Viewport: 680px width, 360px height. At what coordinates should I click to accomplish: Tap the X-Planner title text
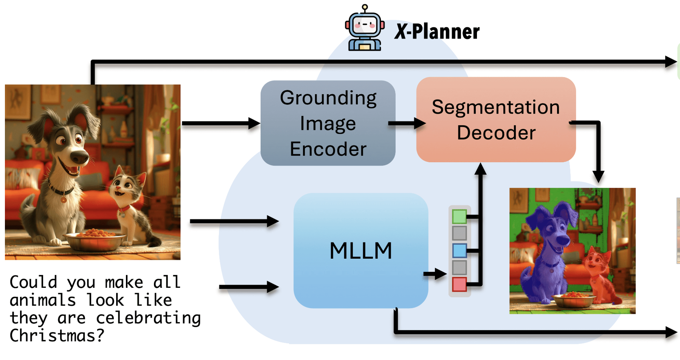coord(437,32)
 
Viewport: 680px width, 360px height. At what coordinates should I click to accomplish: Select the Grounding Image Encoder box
coord(328,123)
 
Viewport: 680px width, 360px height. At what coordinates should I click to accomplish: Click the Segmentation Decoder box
coord(496,119)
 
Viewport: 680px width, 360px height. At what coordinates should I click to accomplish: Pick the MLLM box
coord(361,250)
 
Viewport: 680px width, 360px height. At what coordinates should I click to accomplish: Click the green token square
coord(459,217)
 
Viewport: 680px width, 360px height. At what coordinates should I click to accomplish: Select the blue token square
coord(459,250)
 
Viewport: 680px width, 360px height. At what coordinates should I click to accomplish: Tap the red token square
coord(459,284)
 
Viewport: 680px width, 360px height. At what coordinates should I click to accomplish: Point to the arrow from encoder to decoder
coord(407,123)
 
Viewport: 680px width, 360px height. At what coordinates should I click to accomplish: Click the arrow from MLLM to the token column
coord(435,274)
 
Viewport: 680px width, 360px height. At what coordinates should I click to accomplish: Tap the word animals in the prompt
coord(43,300)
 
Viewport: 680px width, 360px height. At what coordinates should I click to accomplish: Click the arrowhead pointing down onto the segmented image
coord(598,177)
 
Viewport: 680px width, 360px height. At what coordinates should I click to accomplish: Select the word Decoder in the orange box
coord(496,133)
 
